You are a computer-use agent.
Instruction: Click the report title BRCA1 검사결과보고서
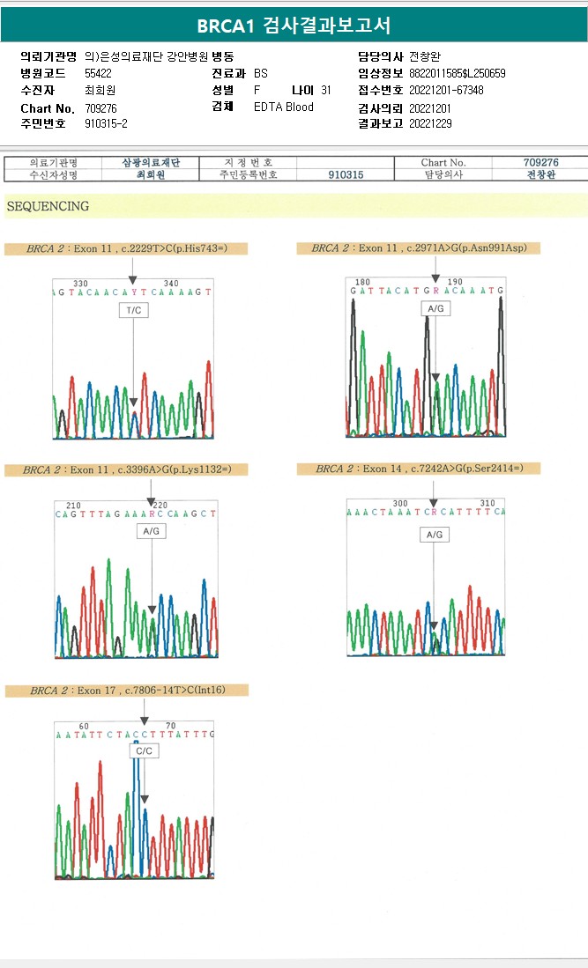click(x=294, y=25)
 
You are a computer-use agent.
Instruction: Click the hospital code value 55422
click(x=98, y=74)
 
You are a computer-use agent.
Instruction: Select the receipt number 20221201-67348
click(x=446, y=91)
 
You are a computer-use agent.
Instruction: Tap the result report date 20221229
click(x=430, y=124)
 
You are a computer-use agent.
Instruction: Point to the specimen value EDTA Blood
click(x=283, y=107)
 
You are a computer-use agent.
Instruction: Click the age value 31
click(x=326, y=91)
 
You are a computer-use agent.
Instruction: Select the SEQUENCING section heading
click(x=48, y=206)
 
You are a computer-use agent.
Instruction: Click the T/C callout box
click(x=133, y=310)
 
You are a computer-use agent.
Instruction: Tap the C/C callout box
click(x=143, y=751)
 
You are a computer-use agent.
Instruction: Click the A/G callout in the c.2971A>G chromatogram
click(x=435, y=308)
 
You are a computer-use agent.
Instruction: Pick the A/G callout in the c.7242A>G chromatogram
click(x=434, y=535)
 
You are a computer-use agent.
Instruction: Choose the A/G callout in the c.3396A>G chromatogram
click(x=151, y=532)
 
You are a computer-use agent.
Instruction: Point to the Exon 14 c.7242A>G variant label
click(x=419, y=469)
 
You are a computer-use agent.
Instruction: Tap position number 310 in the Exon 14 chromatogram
click(x=488, y=502)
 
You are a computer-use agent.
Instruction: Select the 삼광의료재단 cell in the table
click(x=150, y=162)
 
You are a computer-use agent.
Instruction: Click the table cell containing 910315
click(x=345, y=174)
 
